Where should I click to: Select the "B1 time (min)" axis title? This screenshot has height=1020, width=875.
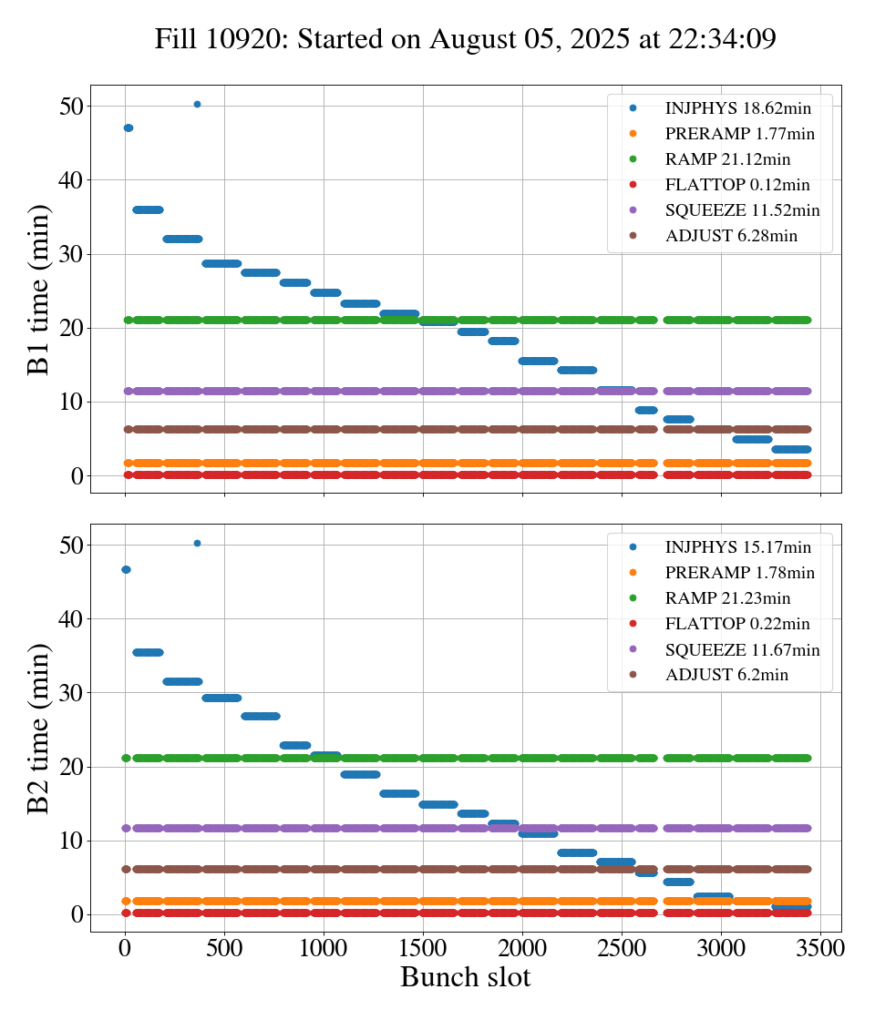[x=38, y=289]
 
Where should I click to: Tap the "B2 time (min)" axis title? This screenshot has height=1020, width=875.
[x=38, y=728]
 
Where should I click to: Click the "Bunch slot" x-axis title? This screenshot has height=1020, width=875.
[x=465, y=977]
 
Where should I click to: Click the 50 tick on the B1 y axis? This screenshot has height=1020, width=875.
[x=73, y=106]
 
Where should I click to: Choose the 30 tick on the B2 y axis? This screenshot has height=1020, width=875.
[x=73, y=693]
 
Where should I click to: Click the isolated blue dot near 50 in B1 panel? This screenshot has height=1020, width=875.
[x=197, y=105]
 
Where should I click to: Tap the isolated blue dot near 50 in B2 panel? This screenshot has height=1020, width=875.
[x=197, y=544]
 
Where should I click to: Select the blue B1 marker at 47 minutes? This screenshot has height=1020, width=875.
[x=129, y=128]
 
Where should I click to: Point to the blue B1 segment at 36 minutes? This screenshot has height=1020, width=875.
[x=148, y=209]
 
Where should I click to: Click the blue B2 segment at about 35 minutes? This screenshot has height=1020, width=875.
[x=148, y=652]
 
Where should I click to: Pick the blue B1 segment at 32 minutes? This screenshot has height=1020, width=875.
[x=182, y=239]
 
